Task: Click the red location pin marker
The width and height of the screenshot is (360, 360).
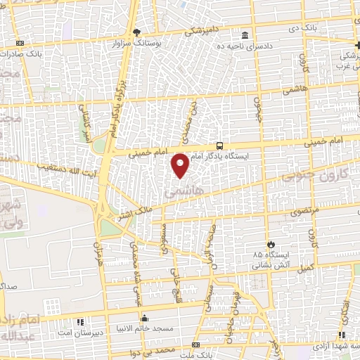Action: tap(181, 165)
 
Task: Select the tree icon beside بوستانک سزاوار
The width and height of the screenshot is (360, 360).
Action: tap(137, 32)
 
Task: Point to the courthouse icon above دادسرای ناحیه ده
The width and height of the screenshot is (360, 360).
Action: tap(245, 36)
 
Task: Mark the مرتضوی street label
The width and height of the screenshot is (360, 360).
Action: tap(306, 210)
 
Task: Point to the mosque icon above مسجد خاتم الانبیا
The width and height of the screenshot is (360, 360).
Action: tap(145, 316)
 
